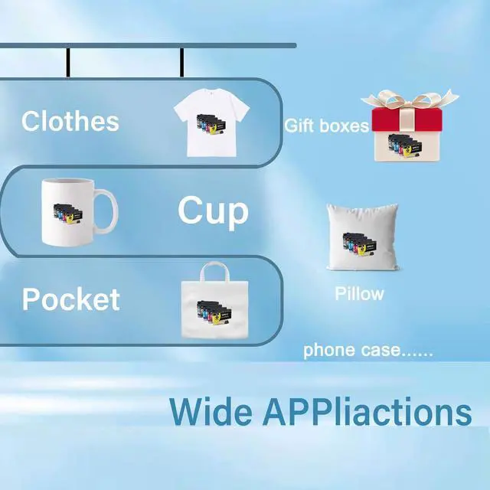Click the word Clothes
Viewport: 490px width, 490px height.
(70, 122)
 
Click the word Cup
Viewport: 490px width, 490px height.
(213, 211)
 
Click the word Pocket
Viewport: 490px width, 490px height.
(70, 299)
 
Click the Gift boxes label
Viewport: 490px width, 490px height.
(327, 126)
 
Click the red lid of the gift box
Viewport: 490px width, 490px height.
(411, 121)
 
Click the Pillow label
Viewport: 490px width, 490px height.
(359, 294)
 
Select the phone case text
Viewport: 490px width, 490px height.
(368, 351)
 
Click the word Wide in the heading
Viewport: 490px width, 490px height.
(211, 411)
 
